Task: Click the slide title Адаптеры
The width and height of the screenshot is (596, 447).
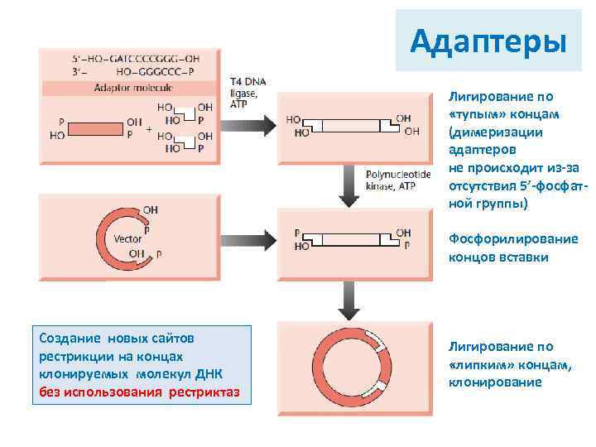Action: [488, 41]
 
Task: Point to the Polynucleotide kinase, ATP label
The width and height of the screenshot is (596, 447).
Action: [399, 181]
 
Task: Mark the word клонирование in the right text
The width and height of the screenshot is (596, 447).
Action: [495, 382]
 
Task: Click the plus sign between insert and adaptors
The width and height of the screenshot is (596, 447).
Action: [148, 130]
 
